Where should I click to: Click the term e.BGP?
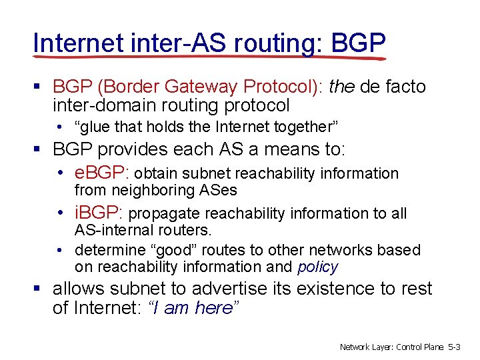(x=101, y=173)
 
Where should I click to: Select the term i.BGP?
(x=98, y=213)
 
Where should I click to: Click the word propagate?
(x=165, y=214)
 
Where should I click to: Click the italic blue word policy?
(x=317, y=267)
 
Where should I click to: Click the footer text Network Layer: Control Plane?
(x=391, y=347)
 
